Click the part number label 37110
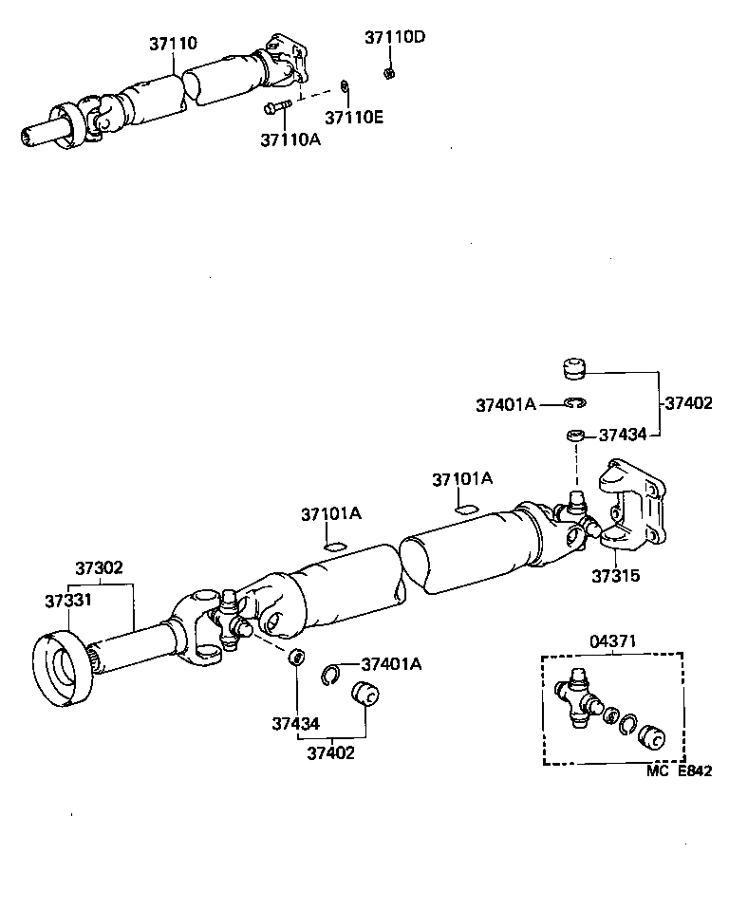tap(173, 44)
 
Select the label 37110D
tap(395, 37)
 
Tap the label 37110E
tap(354, 117)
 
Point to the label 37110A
tap(290, 139)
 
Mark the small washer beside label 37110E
tap(346, 88)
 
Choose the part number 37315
tap(616, 575)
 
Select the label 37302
tap(99, 568)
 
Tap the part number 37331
tap(67, 600)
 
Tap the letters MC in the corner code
tap(658, 771)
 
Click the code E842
tap(694, 771)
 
